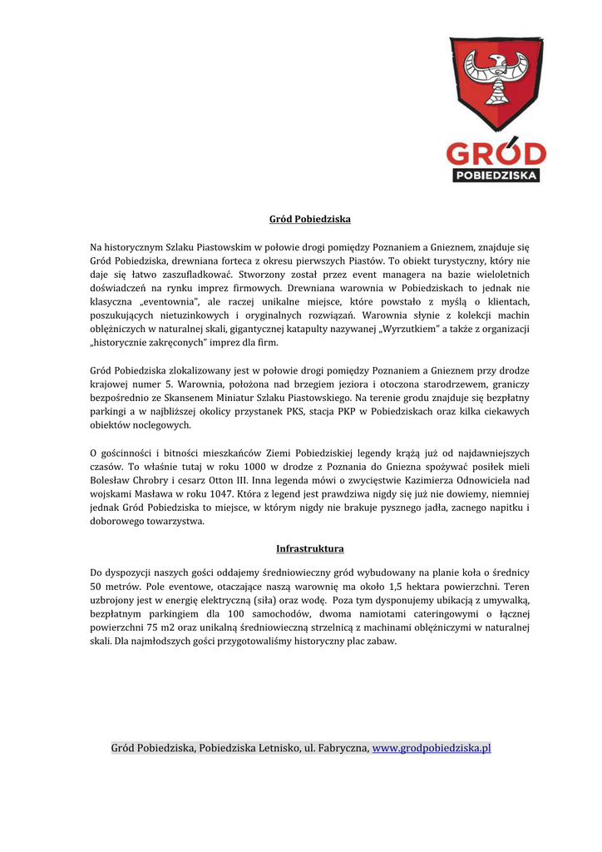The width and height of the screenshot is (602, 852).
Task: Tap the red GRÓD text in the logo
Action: coord(496,154)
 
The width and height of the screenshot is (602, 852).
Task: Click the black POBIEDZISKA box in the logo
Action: coord(496,176)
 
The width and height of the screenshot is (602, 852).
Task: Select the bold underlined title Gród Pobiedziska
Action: coord(310,219)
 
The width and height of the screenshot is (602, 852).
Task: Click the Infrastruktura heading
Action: coord(309,549)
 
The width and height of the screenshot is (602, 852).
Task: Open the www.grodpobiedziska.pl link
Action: coord(432,748)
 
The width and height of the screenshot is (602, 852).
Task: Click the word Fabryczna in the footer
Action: coord(342,748)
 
